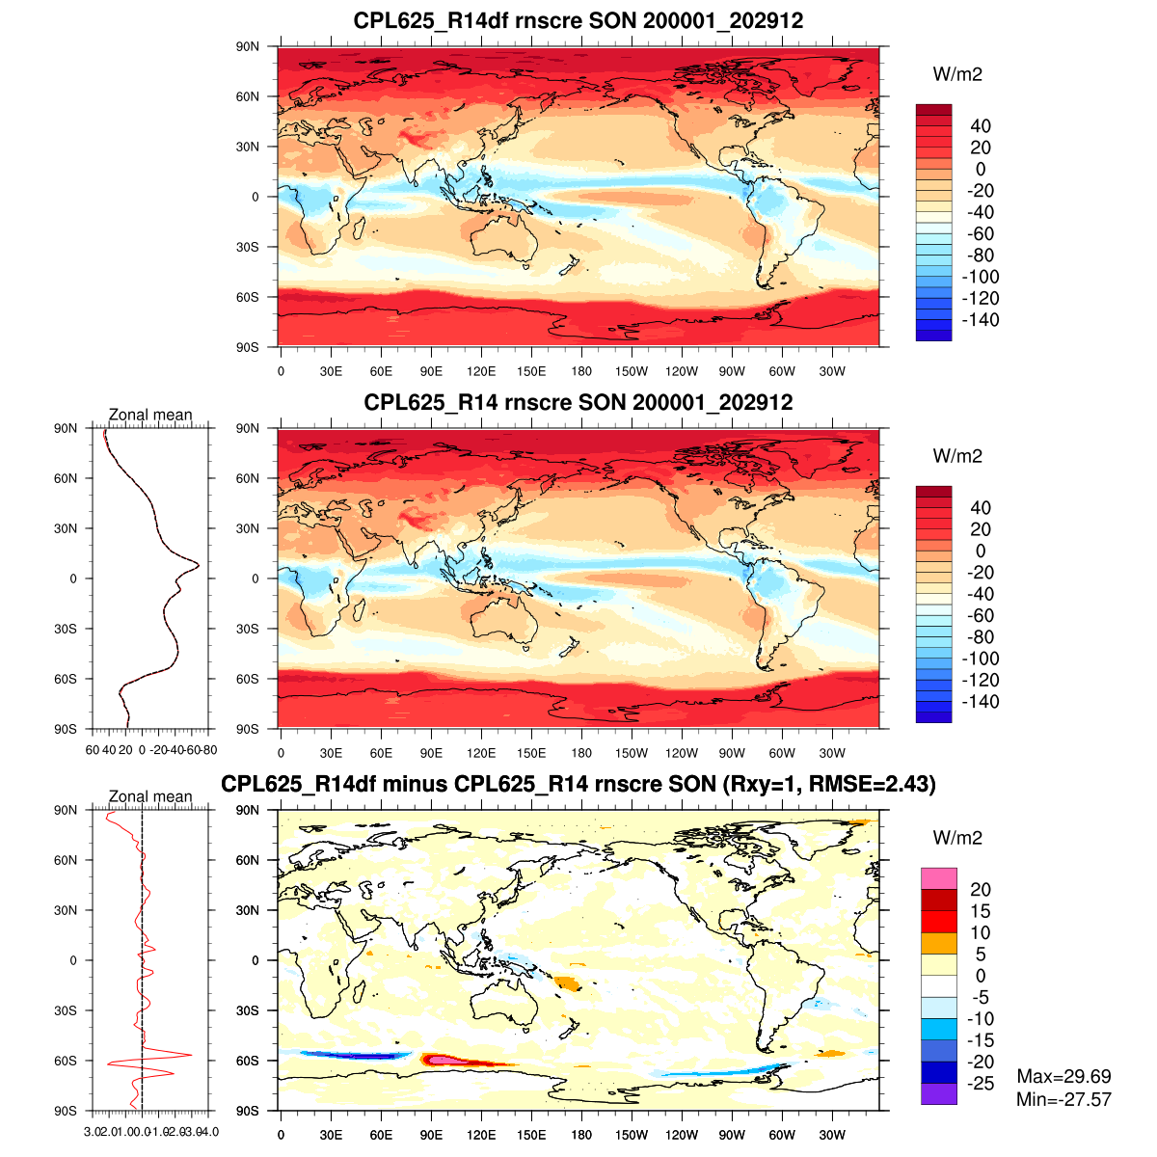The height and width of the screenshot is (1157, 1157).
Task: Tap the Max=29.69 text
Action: tap(1063, 1077)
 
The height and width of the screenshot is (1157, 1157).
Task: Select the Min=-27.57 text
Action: tap(1063, 1099)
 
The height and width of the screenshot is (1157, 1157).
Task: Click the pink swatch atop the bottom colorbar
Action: tap(939, 878)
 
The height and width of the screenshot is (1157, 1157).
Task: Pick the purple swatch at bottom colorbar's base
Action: tap(939, 1094)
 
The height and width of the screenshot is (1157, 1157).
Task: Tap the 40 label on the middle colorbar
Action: tap(981, 508)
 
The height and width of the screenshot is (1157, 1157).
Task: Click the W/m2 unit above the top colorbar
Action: tap(957, 75)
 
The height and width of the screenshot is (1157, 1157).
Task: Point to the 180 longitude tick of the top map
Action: tap(581, 371)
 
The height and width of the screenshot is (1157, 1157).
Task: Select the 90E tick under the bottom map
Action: tap(431, 1135)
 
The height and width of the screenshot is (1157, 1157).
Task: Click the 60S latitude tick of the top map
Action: tap(248, 297)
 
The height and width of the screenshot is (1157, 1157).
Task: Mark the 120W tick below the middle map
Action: tap(682, 753)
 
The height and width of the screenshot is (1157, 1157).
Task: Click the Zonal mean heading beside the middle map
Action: tap(150, 416)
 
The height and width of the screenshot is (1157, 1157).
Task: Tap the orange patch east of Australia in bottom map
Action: tap(566, 984)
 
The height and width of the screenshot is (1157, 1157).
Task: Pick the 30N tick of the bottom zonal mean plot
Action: tap(67, 910)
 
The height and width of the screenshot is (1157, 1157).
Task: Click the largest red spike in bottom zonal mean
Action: tap(190, 1055)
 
